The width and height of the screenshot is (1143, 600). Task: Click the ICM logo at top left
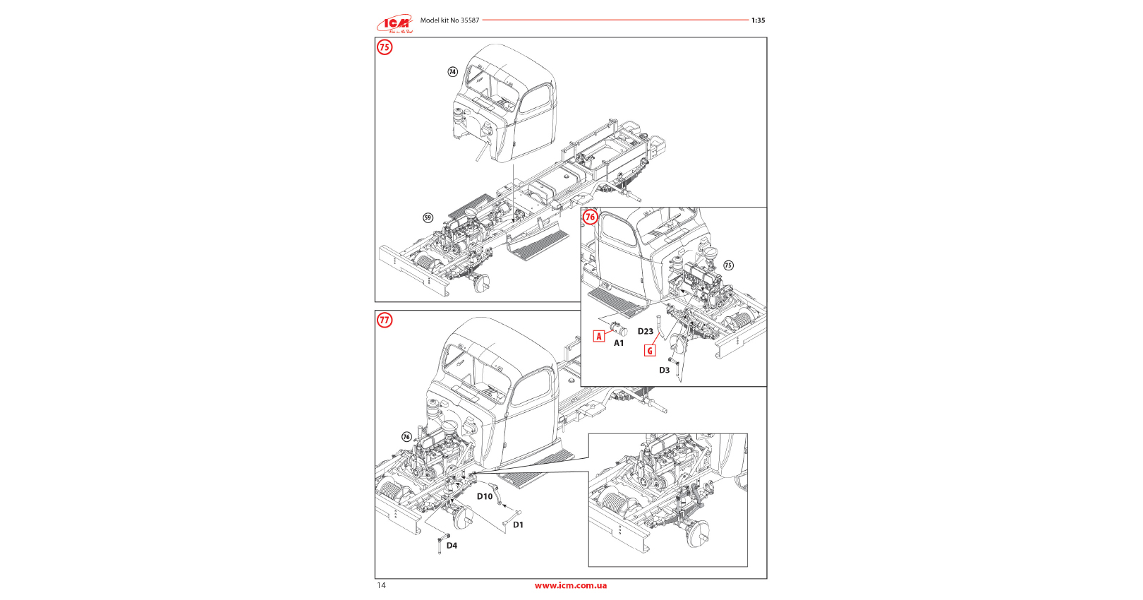coord(394,24)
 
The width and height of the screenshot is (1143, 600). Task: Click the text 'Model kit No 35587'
coord(449,20)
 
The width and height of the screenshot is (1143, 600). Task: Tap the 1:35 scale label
coord(758,20)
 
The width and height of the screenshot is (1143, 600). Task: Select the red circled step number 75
coord(385,47)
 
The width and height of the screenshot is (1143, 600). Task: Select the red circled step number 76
coord(591,217)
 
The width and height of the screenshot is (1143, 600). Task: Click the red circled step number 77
coord(385,320)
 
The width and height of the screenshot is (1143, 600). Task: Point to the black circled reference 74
coord(453,72)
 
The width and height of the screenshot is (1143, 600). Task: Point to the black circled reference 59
coord(428,217)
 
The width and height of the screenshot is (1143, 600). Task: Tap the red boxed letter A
coord(599,336)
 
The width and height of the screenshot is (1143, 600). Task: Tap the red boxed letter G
coord(650,350)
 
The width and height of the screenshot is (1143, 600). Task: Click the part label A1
coord(619,343)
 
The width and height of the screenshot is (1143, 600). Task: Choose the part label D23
coord(646,331)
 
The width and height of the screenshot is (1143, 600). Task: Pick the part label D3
coord(665,370)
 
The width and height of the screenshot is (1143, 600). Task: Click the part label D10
coord(485,496)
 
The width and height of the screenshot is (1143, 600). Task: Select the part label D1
coord(519,524)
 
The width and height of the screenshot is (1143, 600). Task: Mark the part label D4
coord(452,545)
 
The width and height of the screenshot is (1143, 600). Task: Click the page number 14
coord(382,585)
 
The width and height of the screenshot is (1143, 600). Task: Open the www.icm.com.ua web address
coord(571,585)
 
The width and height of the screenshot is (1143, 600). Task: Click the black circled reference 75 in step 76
coord(728,265)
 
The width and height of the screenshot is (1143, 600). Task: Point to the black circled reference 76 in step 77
coord(406,437)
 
